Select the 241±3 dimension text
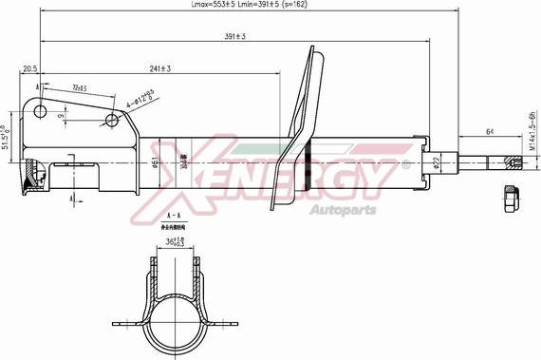tap(160, 68)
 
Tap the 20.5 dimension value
tap(29, 68)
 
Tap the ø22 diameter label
tap(436, 162)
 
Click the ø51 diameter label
tap(155, 162)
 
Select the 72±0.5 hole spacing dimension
tap(79, 88)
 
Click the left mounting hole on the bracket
tap(40, 111)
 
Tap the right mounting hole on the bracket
tap(113, 121)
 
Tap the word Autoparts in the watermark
tap(344, 209)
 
